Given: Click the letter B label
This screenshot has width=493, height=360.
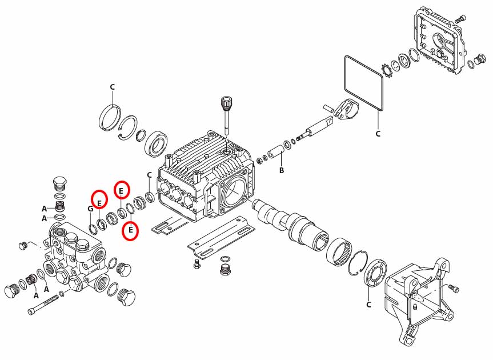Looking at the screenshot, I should click(x=281, y=170).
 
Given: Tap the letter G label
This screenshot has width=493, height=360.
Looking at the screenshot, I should click(x=90, y=209).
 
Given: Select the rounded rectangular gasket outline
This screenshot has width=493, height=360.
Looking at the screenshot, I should click(x=363, y=81).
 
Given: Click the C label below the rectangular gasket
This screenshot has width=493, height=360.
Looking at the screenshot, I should click(x=378, y=134).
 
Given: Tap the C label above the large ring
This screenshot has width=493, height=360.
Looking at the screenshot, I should click(x=113, y=86).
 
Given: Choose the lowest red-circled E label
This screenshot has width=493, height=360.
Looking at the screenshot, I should click(x=131, y=230).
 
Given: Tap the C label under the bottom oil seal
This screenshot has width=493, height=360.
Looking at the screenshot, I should click(x=369, y=304).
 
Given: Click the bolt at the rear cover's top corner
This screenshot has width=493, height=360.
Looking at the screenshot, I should click(x=458, y=19).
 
